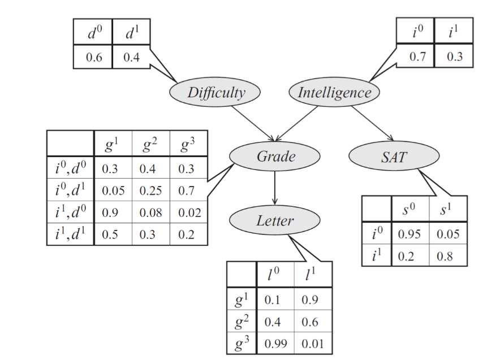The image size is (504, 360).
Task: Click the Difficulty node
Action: tap(215, 92)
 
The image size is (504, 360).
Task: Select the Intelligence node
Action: tap(334, 92)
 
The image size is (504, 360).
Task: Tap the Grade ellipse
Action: tap(275, 156)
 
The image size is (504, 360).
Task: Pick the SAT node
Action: tap(394, 157)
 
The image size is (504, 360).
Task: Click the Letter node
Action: tap(275, 220)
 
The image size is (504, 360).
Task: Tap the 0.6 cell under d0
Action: tap(93, 58)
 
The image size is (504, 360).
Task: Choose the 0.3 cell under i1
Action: tap(454, 57)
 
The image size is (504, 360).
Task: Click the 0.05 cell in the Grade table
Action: tap(113, 190)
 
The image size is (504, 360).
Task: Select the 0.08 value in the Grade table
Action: tap(150, 212)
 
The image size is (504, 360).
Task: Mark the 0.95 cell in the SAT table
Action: tap(408, 234)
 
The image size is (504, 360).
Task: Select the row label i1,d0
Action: tap(71, 212)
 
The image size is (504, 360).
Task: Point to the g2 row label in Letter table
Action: tap(242, 321)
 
